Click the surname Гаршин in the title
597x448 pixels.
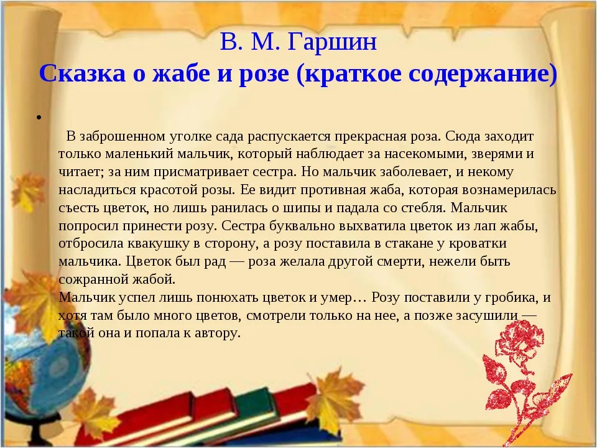point(331,42)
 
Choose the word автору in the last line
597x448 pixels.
point(218,334)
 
